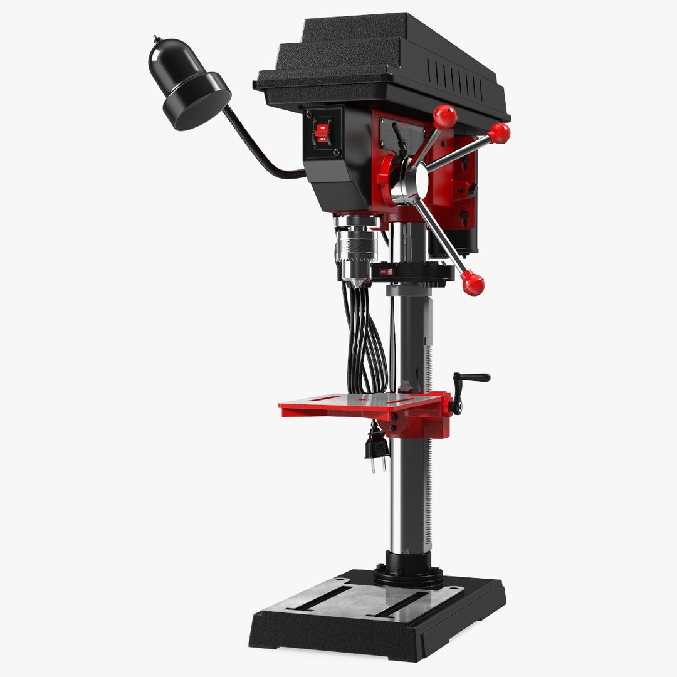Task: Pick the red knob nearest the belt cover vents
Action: point(499,133)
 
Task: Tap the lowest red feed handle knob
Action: point(473,284)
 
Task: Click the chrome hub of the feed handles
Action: point(411,182)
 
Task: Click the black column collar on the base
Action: point(408,567)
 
